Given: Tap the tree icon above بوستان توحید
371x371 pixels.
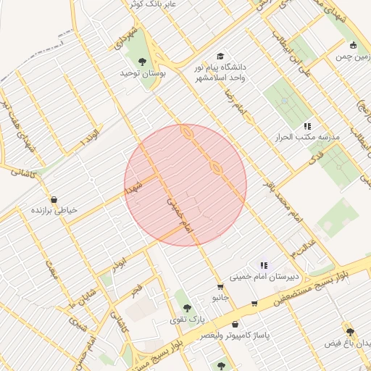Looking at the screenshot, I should (x=141, y=62).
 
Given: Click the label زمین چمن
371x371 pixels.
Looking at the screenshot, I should (x=352, y=55).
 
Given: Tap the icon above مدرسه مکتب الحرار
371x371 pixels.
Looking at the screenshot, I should (x=307, y=125).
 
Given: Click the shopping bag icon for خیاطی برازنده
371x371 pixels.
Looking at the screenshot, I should (x=54, y=199).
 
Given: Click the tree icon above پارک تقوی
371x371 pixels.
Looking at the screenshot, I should (x=188, y=308).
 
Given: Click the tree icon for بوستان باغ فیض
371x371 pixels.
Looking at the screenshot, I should (x=350, y=331).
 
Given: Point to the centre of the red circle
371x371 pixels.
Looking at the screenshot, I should (x=185, y=185).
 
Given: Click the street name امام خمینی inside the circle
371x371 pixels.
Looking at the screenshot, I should (x=180, y=215).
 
